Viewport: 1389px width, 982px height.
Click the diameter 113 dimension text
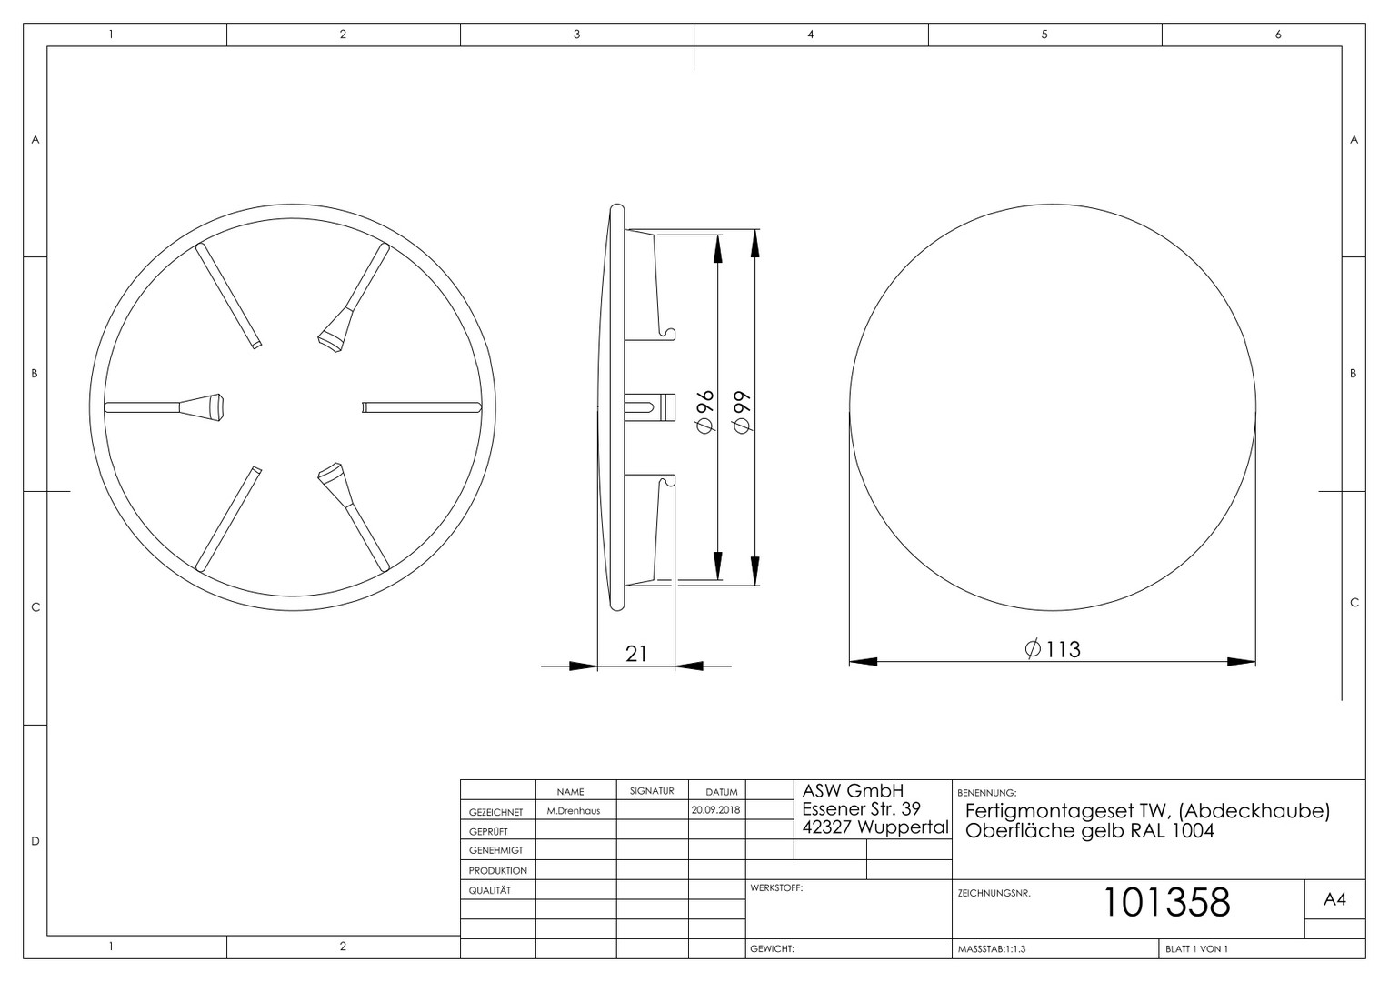[x=1053, y=649]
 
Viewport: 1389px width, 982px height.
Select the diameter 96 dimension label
[x=705, y=412]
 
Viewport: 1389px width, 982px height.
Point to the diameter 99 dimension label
[x=742, y=412]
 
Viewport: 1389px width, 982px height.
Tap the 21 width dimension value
[x=636, y=654]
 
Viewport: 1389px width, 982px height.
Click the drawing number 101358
[x=1166, y=902]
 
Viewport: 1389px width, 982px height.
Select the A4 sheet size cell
[x=1334, y=899]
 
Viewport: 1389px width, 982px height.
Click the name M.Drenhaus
[x=574, y=811]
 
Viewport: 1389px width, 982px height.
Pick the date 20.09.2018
[x=716, y=810]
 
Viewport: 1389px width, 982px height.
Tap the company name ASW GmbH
[x=853, y=791]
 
